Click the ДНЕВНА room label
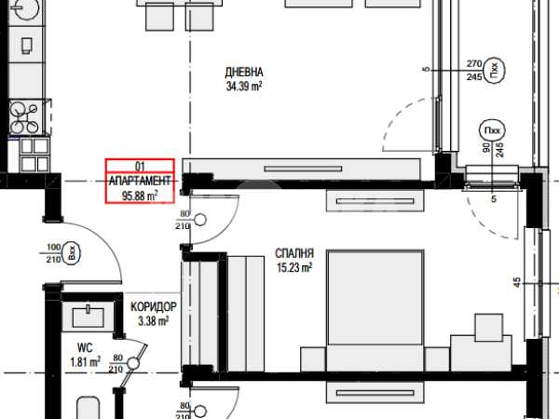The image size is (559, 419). (244, 73)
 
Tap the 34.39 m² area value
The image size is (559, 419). (244, 87)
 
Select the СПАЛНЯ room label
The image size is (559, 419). (294, 253)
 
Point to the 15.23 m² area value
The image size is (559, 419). (294, 267)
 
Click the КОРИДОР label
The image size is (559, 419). (154, 306)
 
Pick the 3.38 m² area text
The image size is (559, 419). (154, 321)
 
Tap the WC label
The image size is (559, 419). (85, 347)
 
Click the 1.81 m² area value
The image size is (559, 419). (85, 362)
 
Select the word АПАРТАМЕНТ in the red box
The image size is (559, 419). (140, 181)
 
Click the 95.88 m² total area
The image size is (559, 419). (140, 196)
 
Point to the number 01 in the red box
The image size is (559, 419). (140, 167)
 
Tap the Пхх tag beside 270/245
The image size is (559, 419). (494, 70)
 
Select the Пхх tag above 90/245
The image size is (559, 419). (492, 130)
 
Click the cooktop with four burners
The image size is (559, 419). (26, 117)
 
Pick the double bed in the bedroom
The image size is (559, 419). (375, 311)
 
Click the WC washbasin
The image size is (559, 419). (89, 317)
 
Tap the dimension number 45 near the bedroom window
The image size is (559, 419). (517, 282)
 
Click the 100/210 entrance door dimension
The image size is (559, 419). (53, 253)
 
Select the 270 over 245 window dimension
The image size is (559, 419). (474, 70)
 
